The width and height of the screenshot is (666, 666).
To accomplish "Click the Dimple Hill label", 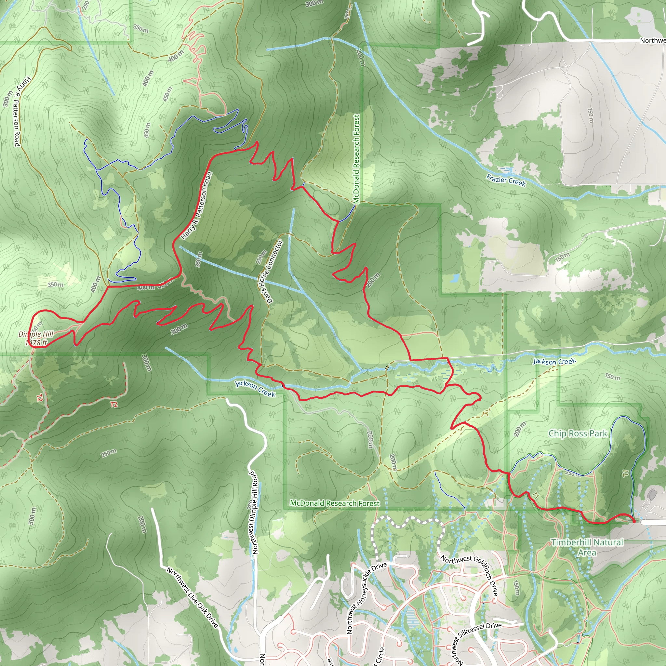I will [36, 334].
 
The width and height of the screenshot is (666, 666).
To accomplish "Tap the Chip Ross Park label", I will [578, 433].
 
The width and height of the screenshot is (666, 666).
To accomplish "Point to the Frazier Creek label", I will [506, 180].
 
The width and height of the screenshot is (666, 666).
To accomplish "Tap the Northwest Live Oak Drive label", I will [193, 597].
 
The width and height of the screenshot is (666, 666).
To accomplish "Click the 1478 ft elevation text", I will [36, 343].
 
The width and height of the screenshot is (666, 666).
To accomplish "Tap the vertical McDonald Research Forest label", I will [356, 159].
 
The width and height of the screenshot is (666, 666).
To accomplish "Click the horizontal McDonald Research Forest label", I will [334, 503].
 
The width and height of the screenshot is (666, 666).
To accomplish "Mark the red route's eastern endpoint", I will [633, 522].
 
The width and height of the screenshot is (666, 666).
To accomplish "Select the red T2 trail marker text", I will [114, 404].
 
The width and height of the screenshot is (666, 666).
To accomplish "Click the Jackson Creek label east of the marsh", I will [554, 361].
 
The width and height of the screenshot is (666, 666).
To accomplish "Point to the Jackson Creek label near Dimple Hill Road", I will [255, 389].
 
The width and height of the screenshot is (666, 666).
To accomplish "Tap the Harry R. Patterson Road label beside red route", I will [196, 206].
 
